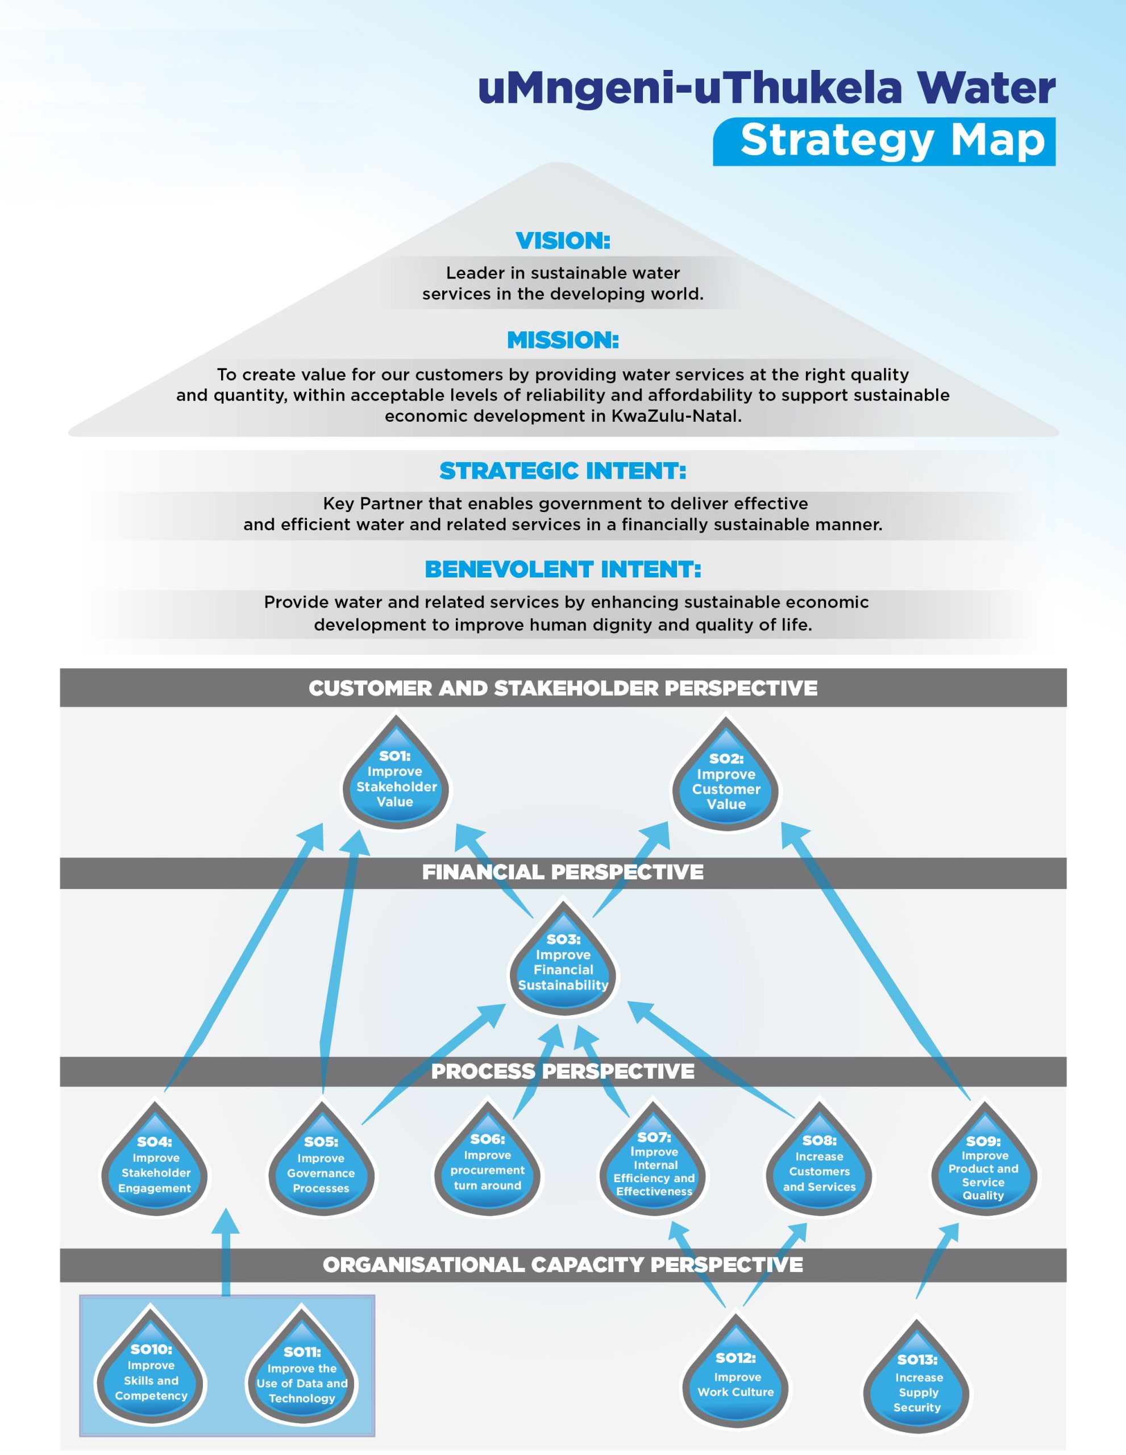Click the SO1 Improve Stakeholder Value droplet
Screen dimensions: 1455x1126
pos(396,779)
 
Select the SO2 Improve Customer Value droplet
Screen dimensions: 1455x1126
pos(726,781)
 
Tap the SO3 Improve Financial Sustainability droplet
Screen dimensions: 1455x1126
pos(563,964)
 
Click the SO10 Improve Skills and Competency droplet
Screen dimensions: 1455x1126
pos(151,1373)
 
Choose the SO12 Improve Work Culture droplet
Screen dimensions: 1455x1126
pos(736,1379)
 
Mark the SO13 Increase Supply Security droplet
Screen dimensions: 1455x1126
pos(917,1383)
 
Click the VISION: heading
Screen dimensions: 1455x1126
pos(563,240)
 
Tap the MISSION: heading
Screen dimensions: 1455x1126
pos(563,340)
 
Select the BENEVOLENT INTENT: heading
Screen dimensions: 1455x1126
pos(563,569)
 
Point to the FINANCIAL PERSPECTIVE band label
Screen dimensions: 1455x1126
pos(563,872)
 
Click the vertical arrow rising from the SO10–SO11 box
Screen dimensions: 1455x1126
pos(226,1253)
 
